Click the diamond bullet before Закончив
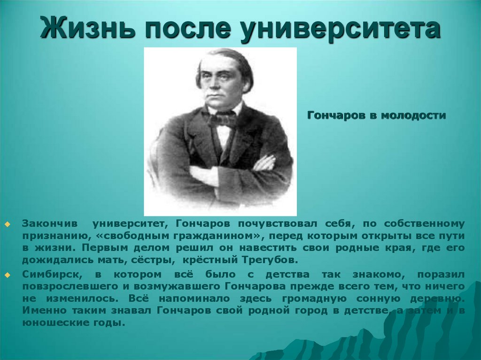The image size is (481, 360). pos(8,224)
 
